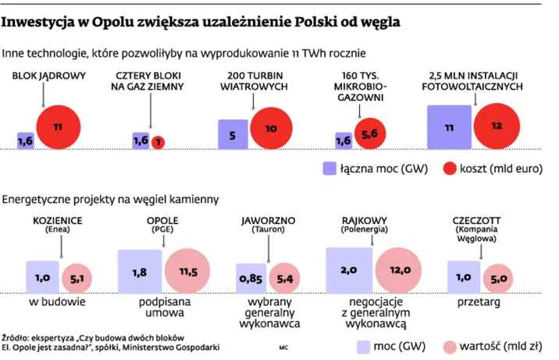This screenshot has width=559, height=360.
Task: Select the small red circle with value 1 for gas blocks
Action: click(x=158, y=141)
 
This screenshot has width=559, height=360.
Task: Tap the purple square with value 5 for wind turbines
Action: click(x=232, y=134)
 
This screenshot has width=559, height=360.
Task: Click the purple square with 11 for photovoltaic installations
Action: click(x=449, y=127)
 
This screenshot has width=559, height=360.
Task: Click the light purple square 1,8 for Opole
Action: click(x=139, y=271)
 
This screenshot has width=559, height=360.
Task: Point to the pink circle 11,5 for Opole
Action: click(x=187, y=271)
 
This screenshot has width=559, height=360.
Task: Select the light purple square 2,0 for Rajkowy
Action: click(x=348, y=270)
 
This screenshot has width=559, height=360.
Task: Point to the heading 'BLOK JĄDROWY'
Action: click(x=48, y=76)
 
